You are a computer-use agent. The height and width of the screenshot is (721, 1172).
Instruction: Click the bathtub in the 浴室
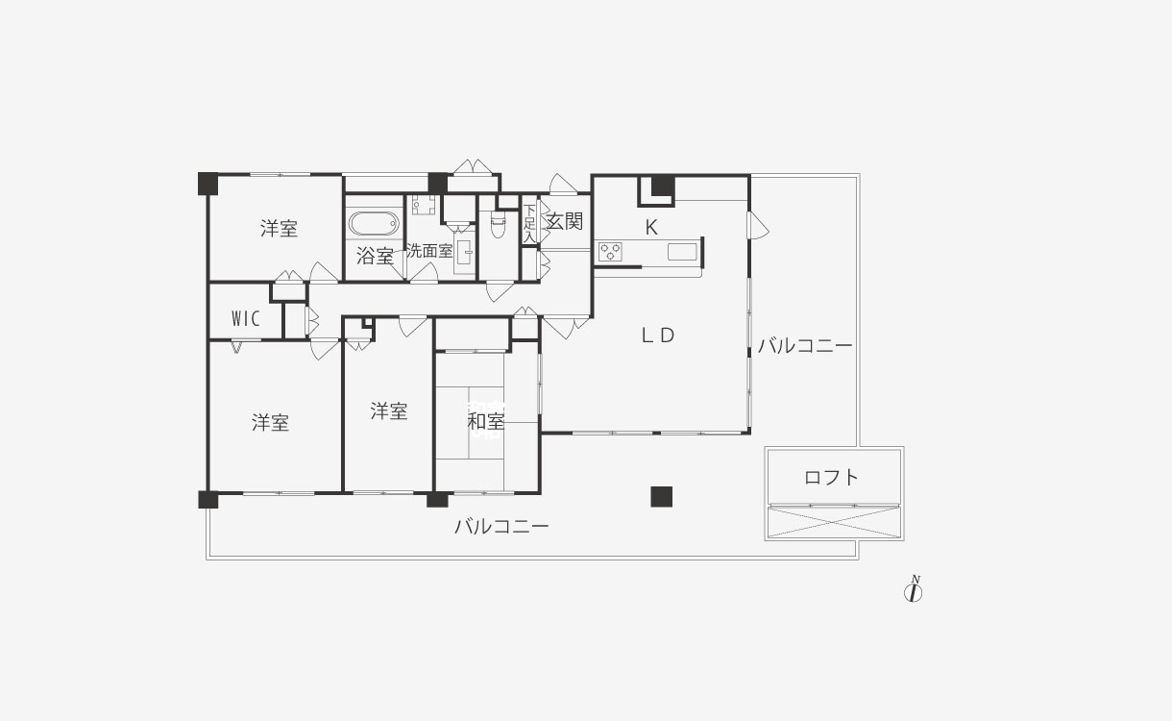(x=374, y=224)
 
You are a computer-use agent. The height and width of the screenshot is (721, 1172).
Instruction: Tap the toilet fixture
(x=498, y=224)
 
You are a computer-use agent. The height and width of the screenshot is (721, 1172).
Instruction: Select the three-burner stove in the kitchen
(x=610, y=252)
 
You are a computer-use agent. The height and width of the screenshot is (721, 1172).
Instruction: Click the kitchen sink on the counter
(x=682, y=252)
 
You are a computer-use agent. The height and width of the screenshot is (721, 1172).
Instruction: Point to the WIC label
(x=246, y=318)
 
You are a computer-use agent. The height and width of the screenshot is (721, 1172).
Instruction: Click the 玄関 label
(x=565, y=221)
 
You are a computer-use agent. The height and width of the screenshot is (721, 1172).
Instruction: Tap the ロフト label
(x=831, y=478)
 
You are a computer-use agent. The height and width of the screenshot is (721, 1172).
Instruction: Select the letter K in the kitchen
(x=651, y=227)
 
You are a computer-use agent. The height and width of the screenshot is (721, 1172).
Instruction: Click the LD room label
(x=658, y=336)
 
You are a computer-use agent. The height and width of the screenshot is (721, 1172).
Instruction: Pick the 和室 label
(x=485, y=421)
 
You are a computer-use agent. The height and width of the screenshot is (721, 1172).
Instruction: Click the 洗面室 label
(x=429, y=251)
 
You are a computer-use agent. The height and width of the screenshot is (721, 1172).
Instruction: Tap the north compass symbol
(x=914, y=589)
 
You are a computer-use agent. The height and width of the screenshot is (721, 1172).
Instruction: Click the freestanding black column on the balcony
(x=661, y=497)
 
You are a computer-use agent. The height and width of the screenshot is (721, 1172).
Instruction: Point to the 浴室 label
(x=376, y=256)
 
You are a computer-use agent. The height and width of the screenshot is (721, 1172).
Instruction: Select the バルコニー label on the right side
(x=805, y=346)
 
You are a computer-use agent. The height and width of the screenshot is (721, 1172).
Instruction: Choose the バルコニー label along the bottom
(x=501, y=526)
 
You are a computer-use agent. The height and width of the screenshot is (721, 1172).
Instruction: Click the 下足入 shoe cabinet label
(x=529, y=224)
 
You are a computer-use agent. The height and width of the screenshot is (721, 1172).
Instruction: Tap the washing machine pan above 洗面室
(x=423, y=205)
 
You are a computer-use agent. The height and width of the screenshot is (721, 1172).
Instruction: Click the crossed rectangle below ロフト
(x=834, y=522)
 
